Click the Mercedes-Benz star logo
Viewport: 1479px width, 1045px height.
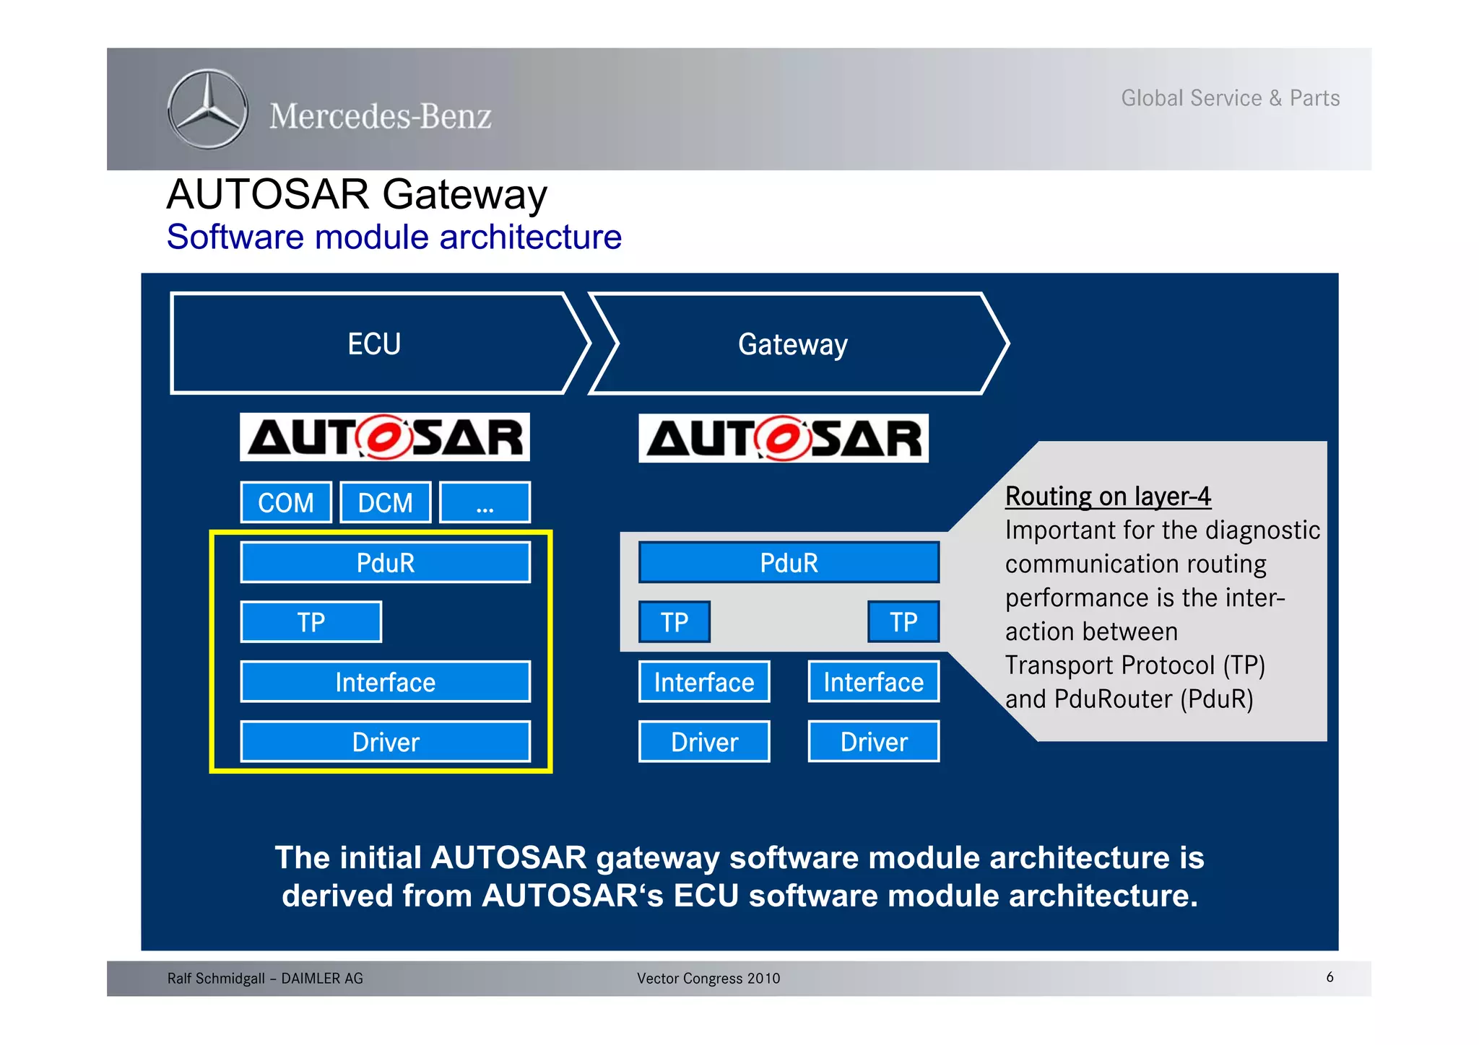(207, 110)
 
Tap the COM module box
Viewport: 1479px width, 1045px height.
(286, 502)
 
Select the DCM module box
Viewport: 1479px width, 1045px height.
(386, 502)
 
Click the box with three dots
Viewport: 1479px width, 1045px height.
(485, 502)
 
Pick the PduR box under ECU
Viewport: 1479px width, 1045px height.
(386, 562)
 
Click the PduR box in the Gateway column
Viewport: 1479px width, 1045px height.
(789, 562)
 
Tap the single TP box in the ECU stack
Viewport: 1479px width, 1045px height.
(311, 621)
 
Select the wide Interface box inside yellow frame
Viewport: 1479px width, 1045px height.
(386, 681)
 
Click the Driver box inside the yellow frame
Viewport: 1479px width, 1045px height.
(386, 741)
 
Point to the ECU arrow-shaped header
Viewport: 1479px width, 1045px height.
(374, 344)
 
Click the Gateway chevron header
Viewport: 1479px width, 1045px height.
(793, 344)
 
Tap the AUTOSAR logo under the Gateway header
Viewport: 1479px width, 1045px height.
(784, 438)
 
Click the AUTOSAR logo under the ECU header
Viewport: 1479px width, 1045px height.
(385, 437)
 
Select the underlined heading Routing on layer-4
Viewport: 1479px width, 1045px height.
(1107, 497)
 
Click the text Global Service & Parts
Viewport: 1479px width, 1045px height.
(1230, 98)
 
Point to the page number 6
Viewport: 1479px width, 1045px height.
(1330, 977)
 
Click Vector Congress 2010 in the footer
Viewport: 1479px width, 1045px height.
(708, 979)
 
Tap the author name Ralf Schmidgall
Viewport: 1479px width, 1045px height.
(216, 979)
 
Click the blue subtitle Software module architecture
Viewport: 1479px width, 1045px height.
(394, 237)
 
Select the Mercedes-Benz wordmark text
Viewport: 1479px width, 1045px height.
(381, 116)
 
